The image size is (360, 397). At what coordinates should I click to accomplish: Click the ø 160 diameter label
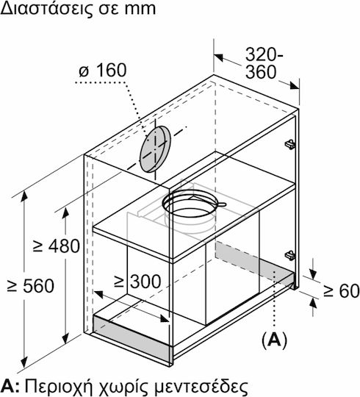tap(102, 71)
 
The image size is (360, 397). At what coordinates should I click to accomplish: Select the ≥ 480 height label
tap(56, 246)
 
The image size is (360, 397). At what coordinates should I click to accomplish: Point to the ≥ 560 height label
tap(31, 286)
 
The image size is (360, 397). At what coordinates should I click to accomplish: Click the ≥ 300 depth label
tap(137, 282)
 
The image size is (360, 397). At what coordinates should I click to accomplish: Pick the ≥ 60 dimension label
tap(342, 291)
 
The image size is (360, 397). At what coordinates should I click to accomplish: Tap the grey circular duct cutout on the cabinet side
tap(155, 149)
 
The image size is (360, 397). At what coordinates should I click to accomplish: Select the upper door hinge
tap(290, 144)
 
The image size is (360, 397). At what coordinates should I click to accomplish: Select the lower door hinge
tap(290, 255)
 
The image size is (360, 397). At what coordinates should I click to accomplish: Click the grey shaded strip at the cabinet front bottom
tap(132, 337)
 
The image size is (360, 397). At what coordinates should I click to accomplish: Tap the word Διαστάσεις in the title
tap(43, 9)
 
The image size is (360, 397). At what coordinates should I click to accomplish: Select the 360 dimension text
tap(261, 72)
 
